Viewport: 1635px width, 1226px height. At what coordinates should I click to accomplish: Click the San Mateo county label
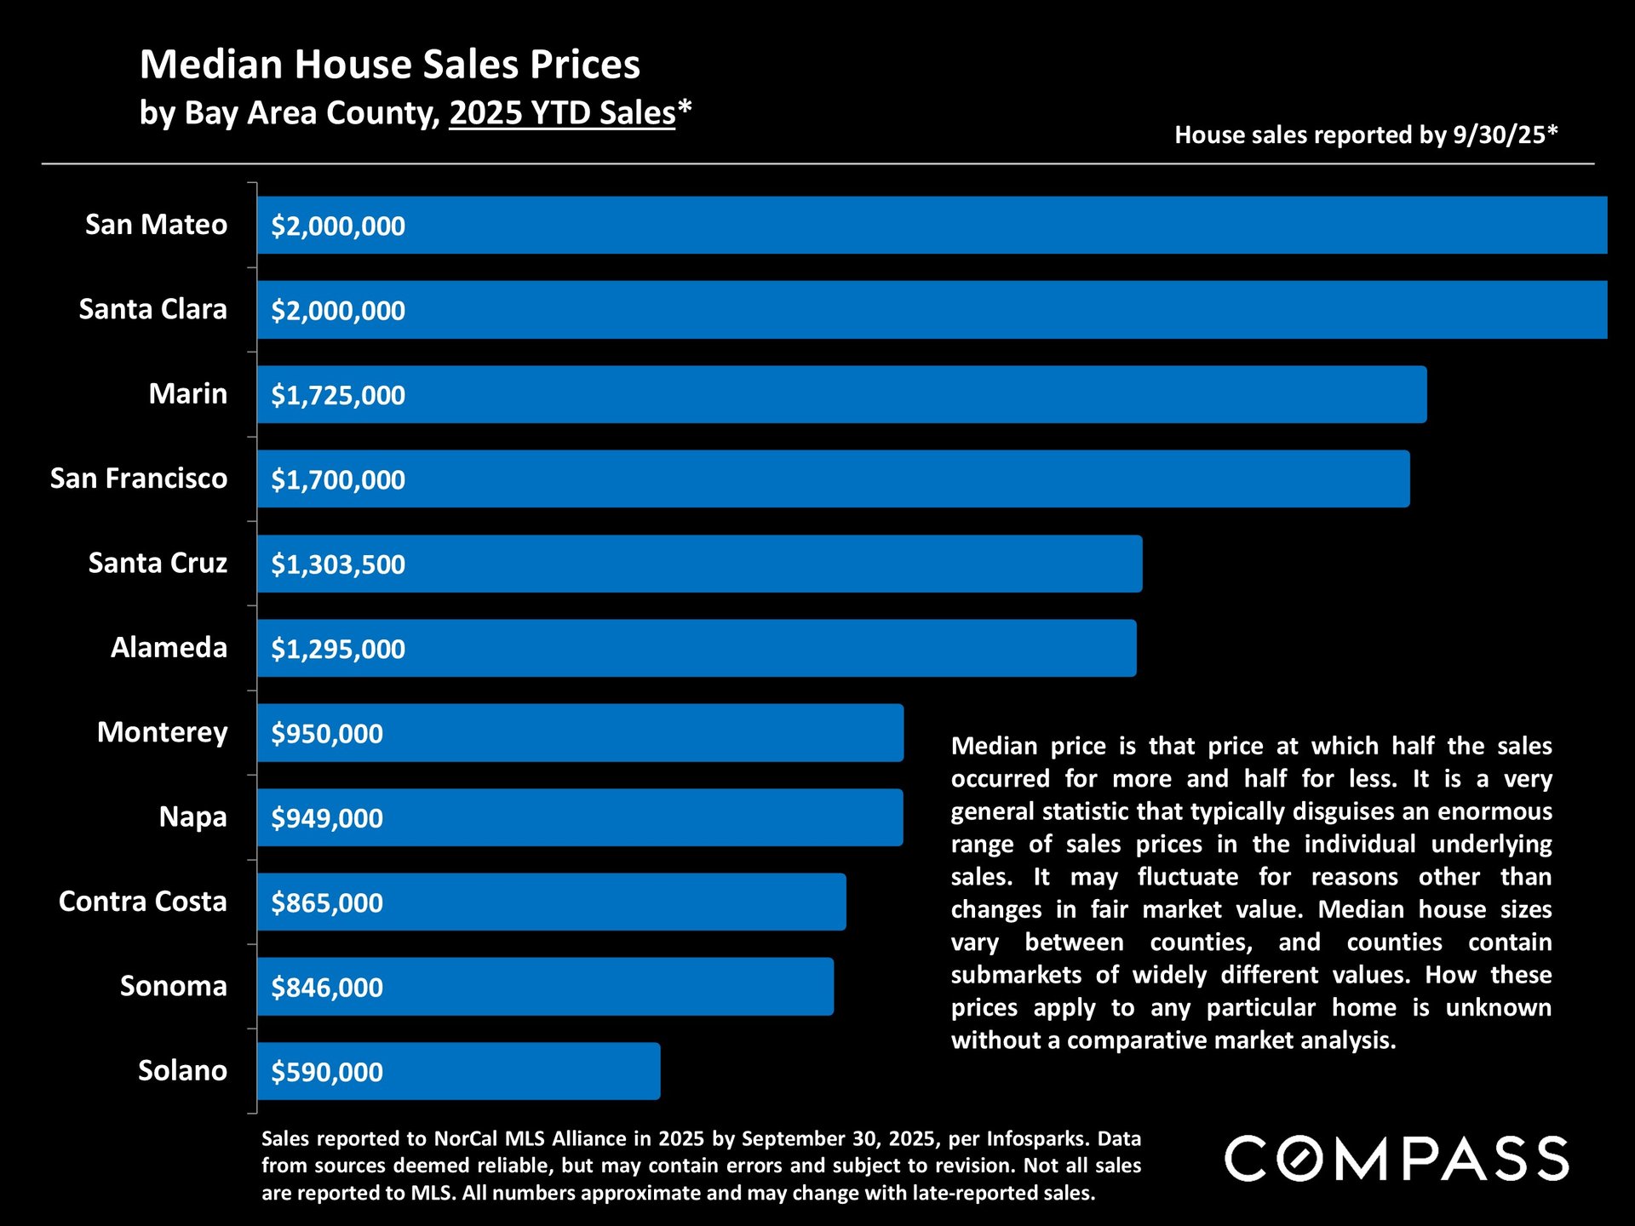[156, 225]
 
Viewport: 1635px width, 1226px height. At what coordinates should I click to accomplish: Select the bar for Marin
[841, 395]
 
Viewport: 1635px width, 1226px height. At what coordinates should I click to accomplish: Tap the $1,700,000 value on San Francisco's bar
[338, 480]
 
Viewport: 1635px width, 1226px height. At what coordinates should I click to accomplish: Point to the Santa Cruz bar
[699, 564]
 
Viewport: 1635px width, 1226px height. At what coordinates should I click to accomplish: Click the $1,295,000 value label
[338, 650]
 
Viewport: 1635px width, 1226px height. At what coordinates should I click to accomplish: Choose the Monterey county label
[162, 732]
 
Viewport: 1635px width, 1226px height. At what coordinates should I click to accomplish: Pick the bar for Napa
[580, 817]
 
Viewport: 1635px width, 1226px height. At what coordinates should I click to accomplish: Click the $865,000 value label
[327, 903]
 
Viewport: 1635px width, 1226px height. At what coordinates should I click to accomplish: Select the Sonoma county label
[173, 986]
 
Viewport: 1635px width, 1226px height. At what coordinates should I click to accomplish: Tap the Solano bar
[458, 1071]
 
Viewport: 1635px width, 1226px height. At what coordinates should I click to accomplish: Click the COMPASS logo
[1397, 1159]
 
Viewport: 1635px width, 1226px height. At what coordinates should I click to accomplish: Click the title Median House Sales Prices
[389, 65]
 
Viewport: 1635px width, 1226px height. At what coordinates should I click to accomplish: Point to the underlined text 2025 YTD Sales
[562, 113]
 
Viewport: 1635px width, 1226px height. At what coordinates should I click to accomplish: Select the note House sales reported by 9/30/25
[1365, 135]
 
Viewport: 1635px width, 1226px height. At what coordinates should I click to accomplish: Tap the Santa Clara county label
[152, 309]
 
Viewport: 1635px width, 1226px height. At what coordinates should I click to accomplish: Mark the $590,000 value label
[327, 1072]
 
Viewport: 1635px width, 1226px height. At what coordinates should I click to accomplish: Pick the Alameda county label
[169, 648]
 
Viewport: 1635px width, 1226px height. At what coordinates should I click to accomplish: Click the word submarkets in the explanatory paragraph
[1015, 975]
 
